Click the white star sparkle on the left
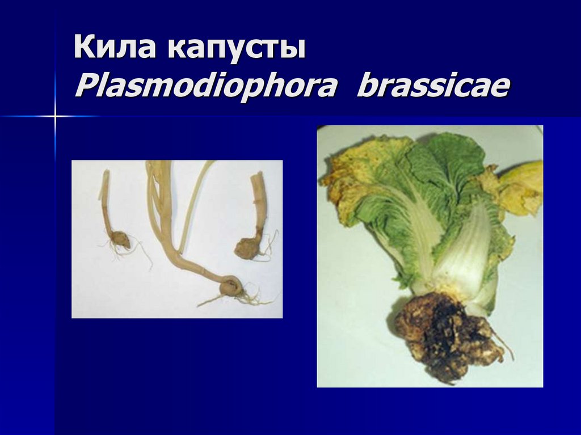pyautogui.click(x=55, y=116)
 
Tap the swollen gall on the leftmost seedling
pyautogui.click(x=120, y=240)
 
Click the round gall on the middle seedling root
pyautogui.click(x=230, y=285)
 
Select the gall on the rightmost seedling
pyautogui.click(x=247, y=248)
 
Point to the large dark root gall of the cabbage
pyautogui.click(x=448, y=335)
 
